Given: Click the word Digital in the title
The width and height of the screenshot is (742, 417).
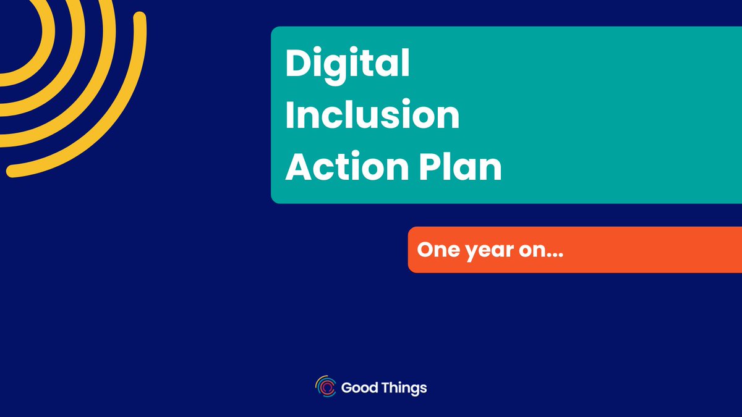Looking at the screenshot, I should pos(347,64).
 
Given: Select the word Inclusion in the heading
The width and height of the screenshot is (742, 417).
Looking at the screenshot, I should pos(372,116).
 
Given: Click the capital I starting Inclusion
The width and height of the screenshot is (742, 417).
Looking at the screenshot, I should pos(289,116).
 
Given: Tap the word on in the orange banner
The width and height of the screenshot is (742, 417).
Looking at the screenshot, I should pos(527,251).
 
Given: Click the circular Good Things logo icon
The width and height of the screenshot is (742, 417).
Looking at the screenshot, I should pos(325,387).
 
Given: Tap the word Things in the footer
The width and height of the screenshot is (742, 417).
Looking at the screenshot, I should pos(404,388).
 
